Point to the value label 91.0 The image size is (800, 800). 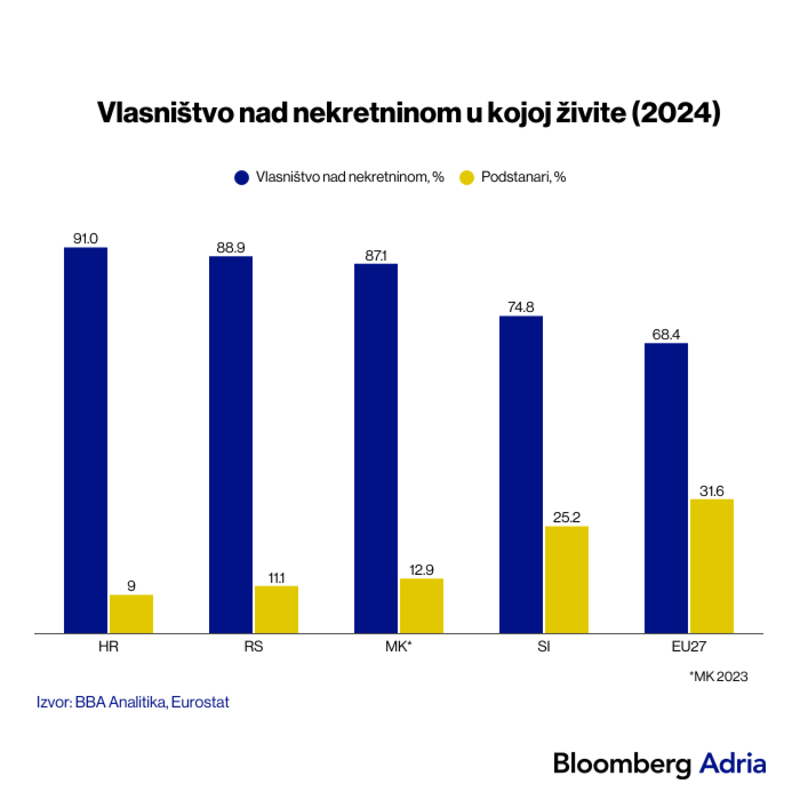pos(86,239)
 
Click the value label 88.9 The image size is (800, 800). pos(231,248)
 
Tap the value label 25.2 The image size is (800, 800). pos(566,518)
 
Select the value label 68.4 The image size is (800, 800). pos(666,334)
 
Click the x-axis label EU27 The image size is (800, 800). pos(689,647)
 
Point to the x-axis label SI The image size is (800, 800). pos(544,647)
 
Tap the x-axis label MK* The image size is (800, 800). pos(398,647)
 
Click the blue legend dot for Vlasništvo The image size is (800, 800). pos(242,178)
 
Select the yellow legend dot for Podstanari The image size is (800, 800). pos(467,178)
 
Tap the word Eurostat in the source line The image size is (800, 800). pos(200,702)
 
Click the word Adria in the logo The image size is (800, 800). pos(732,764)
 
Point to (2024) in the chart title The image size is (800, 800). pos(676,113)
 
